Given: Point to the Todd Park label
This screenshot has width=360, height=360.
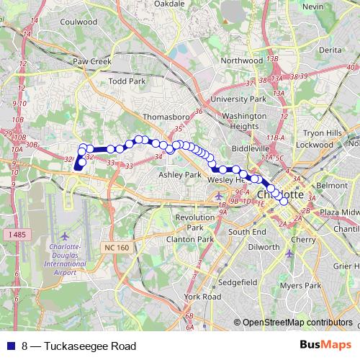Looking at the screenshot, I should pos(127,82).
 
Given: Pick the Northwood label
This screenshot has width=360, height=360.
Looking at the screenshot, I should pos(242,61).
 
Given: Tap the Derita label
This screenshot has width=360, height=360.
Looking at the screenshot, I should pos(330,50).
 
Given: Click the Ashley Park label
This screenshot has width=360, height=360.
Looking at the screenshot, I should pos(179,174).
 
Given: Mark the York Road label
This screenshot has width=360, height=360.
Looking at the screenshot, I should pos(202,296).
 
